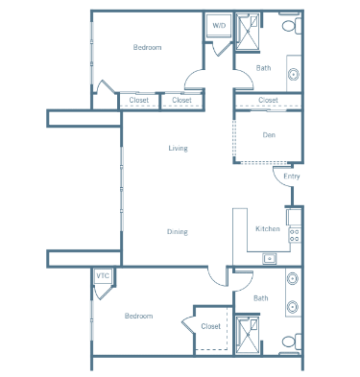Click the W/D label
tap(219, 26)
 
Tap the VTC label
tap(103, 275)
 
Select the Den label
tap(269, 135)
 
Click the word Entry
tap(292, 177)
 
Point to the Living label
tap(178, 148)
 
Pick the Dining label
tap(178, 231)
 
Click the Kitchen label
tap(268, 228)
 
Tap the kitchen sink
tap(270, 258)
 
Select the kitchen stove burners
tap(295, 235)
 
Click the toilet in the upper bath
tap(291, 25)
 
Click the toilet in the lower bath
tap(291, 342)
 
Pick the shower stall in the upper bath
tap(248, 32)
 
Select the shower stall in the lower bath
tap(248, 335)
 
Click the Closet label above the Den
tap(268, 100)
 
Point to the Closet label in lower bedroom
tap(211, 326)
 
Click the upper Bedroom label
tap(147, 47)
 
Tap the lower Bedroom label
tap(138, 316)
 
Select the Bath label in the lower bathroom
tap(261, 298)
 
